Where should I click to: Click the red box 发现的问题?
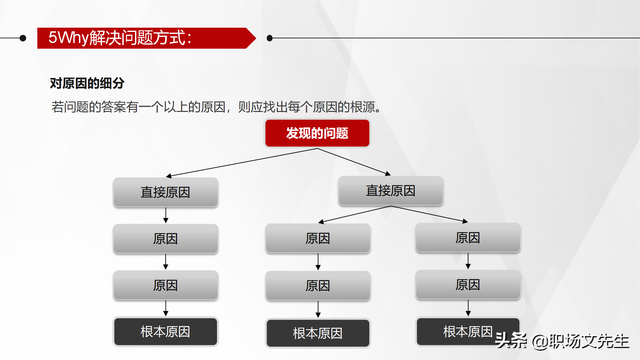(317, 133)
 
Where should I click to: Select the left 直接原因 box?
(165, 192)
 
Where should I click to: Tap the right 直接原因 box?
(390, 191)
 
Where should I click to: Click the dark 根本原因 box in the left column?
(165, 332)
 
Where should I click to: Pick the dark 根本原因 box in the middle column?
(317, 333)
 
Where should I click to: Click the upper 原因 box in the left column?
(165, 239)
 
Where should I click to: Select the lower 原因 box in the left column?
(165, 285)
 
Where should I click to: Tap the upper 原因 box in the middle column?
(317, 238)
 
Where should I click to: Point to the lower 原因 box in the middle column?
(317, 286)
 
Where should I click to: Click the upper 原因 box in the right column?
(468, 238)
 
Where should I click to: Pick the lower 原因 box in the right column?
(468, 285)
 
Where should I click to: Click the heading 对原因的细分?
(87, 83)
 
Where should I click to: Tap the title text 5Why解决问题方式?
(120, 38)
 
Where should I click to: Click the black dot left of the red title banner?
(23, 38)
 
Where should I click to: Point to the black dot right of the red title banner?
(270, 38)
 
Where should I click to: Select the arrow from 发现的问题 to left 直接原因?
(242, 162)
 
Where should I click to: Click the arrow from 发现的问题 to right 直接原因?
(353, 162)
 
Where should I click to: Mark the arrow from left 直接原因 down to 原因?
(166, 215)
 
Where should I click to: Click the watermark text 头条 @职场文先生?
(562, 341)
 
